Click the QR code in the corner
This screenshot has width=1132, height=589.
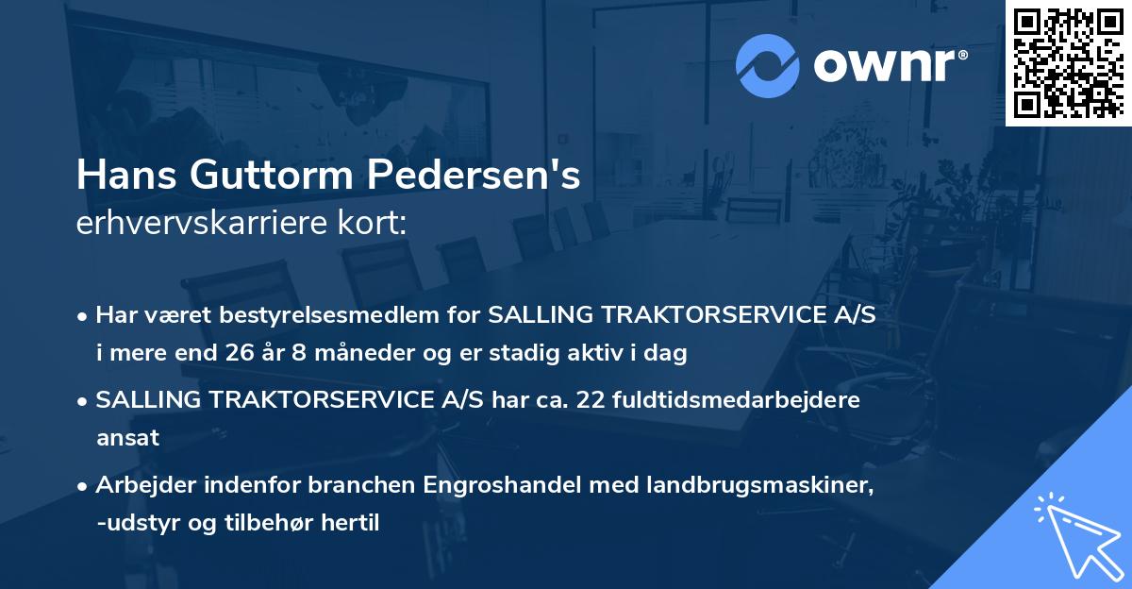1068,63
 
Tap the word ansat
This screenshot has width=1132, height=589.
127,438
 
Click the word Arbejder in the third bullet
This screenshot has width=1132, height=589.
143,484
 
